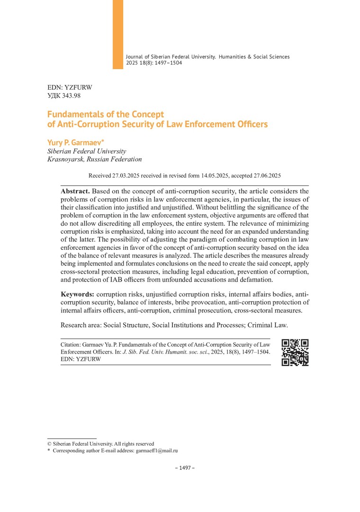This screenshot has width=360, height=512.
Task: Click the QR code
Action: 295,352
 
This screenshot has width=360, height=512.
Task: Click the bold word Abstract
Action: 75,191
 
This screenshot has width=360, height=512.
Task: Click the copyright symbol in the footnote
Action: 50,444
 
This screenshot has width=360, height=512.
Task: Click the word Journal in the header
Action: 135,56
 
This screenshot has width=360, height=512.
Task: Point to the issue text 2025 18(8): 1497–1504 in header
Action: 154,63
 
